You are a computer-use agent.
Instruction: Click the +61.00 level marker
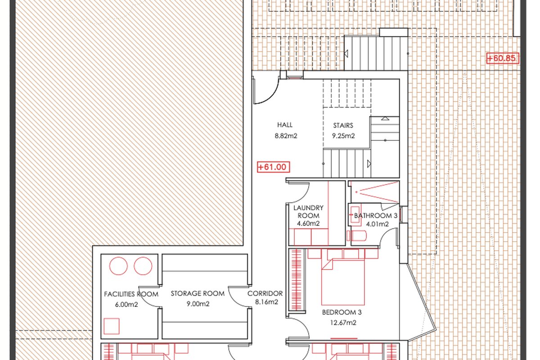[274, 167]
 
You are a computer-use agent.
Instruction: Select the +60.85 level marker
[503, 58]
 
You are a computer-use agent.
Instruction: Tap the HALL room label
[285, 125]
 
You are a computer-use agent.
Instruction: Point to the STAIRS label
[343, 126]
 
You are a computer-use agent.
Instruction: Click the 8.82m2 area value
[286, 136]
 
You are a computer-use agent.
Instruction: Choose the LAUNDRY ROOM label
[308, 211]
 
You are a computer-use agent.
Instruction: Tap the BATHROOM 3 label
[375, 216]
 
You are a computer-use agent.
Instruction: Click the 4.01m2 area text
[377, 224]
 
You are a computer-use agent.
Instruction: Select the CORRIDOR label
[265, 293]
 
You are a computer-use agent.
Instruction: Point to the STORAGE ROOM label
[198, 293]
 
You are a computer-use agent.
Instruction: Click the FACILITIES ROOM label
[131, 294]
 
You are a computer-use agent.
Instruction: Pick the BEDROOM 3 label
[342, 312]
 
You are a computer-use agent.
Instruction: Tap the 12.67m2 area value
[343, 323]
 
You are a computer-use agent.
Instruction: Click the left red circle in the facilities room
[118, 266]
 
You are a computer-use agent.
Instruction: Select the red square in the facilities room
[112, 326]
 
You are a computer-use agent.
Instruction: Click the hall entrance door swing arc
[272, 96]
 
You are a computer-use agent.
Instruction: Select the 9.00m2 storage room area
[198, 304]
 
